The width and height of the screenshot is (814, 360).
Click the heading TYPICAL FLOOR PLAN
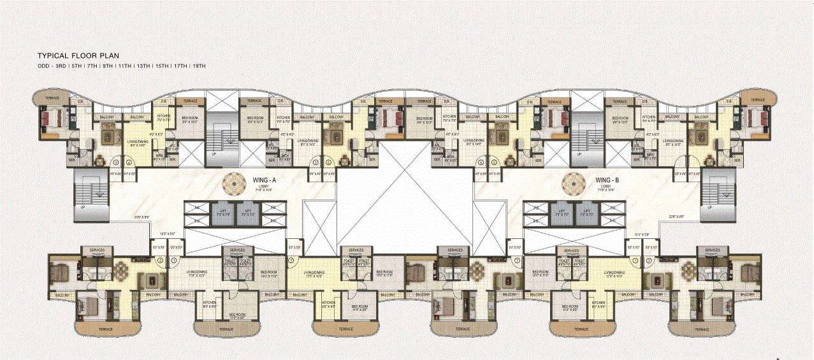[x=78, y=56]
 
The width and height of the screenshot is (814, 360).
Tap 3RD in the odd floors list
[x=60, y=66]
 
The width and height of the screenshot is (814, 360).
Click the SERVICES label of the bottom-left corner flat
[x=97, y=250]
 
